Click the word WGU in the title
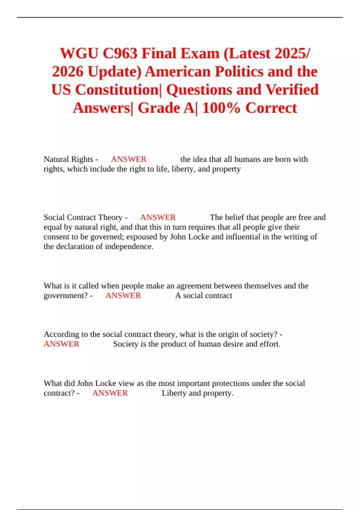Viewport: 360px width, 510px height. point(79,54)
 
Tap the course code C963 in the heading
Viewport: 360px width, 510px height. point(120,54)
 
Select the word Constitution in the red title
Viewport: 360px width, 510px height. point(117,90)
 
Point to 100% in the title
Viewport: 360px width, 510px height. point(221,108)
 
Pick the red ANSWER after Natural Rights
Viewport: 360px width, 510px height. point(128,159)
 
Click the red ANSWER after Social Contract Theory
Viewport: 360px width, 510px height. point(158,217)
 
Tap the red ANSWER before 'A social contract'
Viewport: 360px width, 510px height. point(123,295)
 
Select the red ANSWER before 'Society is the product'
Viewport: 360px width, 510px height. point(61,344)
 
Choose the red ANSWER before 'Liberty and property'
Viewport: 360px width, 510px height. point(110,393)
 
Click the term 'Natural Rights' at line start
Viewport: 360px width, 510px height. point(68,159)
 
